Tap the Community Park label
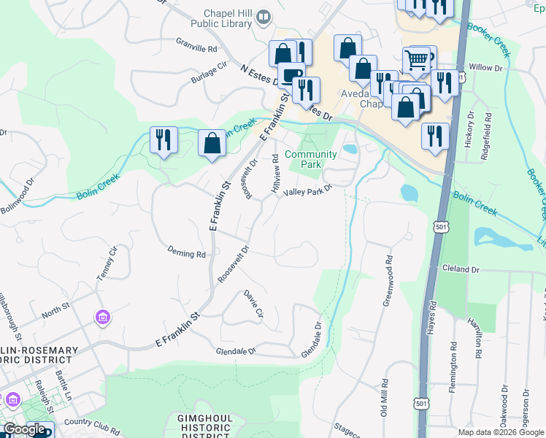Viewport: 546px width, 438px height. point(311,159)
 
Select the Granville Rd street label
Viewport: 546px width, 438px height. point(196,45)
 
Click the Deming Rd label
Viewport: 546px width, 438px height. point(186,253)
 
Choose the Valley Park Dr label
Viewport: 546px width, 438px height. point(308,189)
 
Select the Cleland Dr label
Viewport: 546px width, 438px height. point(461,269)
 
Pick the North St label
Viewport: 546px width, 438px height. point(55,313)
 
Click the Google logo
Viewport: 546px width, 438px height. point(24,430)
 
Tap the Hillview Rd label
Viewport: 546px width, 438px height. point(275,173)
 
